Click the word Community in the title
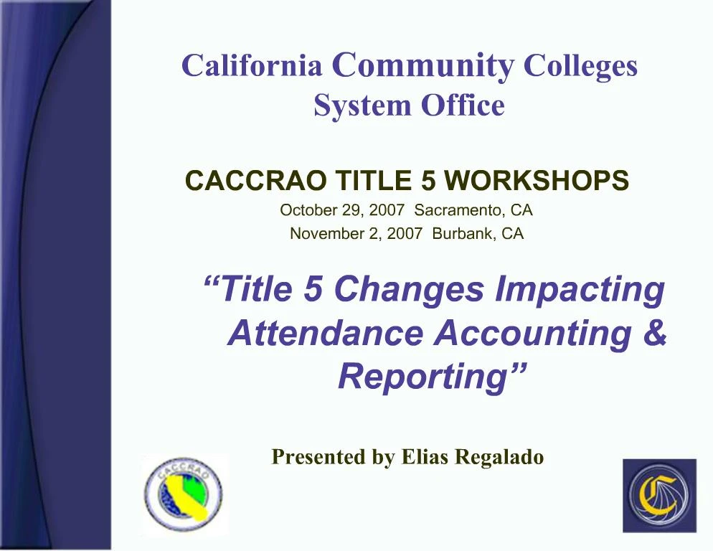423,65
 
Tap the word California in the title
252,66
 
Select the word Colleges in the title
580,66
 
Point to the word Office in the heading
463,105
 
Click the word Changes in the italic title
410,288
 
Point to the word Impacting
580,288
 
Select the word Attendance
325,333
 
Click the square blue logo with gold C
658,495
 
